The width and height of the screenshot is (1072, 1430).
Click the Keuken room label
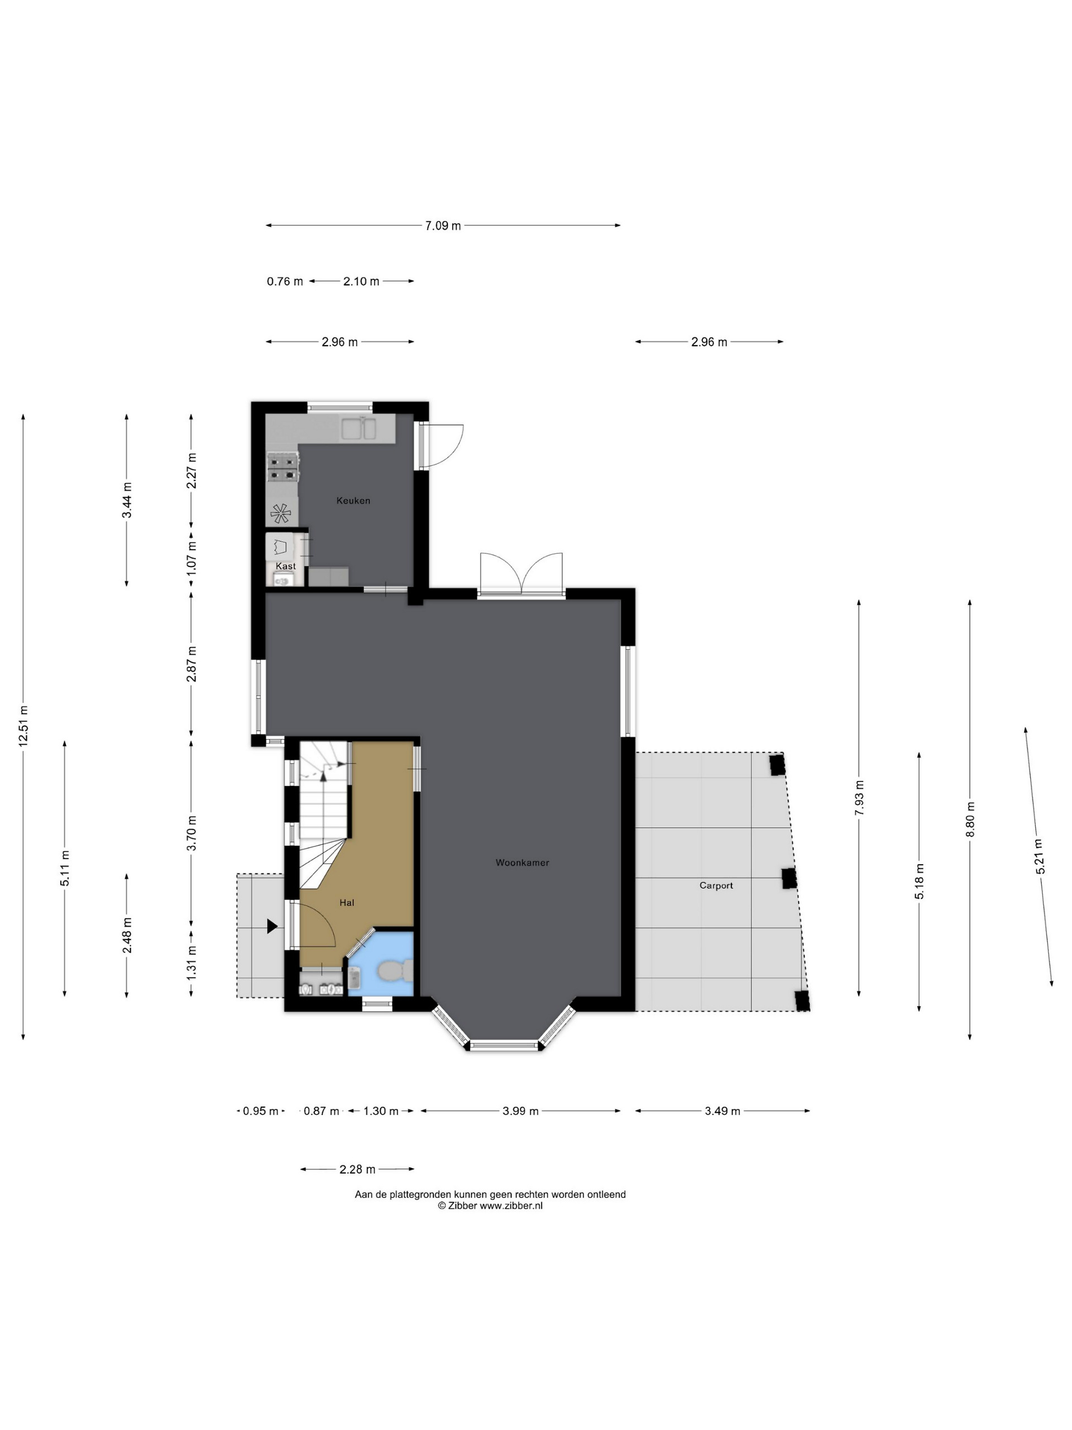click(353, 500)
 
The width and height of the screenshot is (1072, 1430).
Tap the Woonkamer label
click(522, 862)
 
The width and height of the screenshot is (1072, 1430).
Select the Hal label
click(347, 903)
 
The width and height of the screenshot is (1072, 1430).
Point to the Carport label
click(716, 885)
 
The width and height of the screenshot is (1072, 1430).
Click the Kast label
click(286, 566)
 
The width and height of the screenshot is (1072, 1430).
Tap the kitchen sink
click(361, 428)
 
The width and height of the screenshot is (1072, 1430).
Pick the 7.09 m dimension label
click(443, 226)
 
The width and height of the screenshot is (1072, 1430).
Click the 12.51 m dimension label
click(23, 727)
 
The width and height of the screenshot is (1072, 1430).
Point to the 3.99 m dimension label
click(521, 1111)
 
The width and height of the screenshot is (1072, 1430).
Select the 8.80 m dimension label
click(970, 819)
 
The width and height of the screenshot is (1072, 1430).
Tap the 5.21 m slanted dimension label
click(1038, 856)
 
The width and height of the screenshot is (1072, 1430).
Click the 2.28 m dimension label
click(357, 1170)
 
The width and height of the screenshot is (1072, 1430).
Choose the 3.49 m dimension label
click(722, 1111)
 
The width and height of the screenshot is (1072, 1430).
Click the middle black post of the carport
click(788, 879)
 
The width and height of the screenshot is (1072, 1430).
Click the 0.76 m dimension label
click(285, 281)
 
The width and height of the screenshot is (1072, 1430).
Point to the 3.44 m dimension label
click(127, 500)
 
